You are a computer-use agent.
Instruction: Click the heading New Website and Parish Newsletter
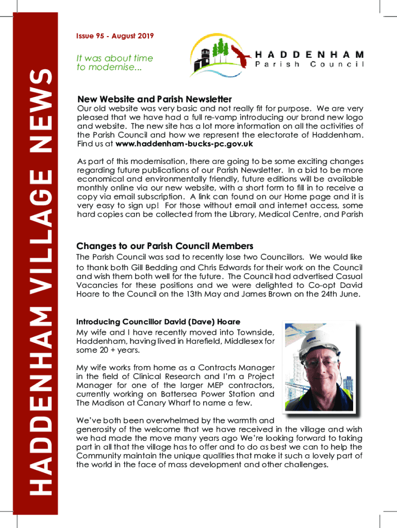pos(154,99)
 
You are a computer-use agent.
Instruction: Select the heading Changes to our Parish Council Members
pos(164,246)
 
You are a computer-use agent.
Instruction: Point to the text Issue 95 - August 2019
pos(114,36)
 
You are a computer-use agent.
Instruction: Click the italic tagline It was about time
pos(114,59)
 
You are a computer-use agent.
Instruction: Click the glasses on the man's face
pos(320,364)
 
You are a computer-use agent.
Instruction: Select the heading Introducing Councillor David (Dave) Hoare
pos(158,322)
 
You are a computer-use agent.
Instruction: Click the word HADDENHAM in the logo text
pos(310,54)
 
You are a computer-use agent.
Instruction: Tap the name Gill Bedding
pos(154,268)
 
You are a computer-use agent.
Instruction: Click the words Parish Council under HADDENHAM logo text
pos(310,64)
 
